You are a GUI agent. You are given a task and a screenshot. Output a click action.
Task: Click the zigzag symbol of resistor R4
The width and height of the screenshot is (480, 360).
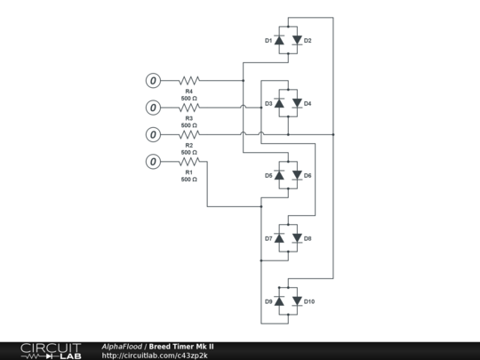[x=189, y=81]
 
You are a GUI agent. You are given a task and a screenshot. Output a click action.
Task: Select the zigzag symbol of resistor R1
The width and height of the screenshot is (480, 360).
[x=189, y=161]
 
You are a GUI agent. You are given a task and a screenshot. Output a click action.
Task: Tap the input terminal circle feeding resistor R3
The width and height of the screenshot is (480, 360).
[x=153, y=108]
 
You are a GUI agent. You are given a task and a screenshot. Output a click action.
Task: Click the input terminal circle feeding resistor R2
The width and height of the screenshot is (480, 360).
[x=153, y=134]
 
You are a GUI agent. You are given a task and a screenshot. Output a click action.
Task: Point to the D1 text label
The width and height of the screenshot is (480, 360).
[x=268, y=41]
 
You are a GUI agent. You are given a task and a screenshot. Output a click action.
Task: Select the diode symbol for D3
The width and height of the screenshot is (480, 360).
[x=279, y=104]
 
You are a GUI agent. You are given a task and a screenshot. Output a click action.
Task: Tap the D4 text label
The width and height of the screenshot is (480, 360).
[x=308, y=104]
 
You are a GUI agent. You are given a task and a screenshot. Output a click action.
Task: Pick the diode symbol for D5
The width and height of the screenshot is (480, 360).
[x=279, y=175]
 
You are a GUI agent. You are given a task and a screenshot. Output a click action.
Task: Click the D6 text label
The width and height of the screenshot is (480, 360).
[x=308, y=175]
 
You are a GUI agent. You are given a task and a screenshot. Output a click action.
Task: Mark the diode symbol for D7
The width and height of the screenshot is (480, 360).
[x=279, y=238]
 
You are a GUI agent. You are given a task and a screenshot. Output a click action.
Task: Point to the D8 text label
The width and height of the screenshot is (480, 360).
[x=308, y=238]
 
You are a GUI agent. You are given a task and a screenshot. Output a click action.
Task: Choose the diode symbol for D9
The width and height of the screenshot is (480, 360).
[x=279, y=301]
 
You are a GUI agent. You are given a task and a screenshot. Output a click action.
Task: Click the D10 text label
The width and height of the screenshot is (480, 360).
[x=309, y=301]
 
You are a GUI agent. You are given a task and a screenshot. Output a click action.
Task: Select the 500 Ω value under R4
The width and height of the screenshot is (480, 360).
[x=189, y=99]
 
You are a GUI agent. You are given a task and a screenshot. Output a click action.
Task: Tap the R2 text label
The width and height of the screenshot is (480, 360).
[x=189, y=144]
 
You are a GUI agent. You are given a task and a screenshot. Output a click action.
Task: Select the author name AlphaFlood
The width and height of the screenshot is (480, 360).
[x=122, y=346]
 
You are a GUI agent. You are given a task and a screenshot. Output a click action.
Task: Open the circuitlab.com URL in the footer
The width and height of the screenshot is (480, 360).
[x=156, y=356]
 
